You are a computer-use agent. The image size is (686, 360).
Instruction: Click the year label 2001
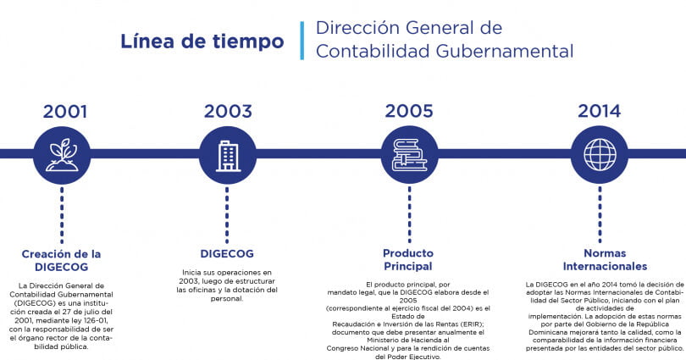click(x=65, y=111)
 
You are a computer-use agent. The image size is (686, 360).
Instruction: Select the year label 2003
click(x=228, y=111)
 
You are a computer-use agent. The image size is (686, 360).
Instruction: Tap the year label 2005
click(x=409, y=111)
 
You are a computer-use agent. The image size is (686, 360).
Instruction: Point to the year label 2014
click(x=600, y=111)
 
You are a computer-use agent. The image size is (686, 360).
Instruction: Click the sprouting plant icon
click(x=62, y=155)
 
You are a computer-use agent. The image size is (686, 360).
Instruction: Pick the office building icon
click(x=228, y=156)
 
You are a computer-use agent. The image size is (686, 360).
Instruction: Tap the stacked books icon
click(x=409, y=155)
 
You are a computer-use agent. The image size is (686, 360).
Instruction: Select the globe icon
click(x=600, y=155)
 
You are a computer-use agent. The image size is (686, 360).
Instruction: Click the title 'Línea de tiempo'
click(x=202, y=42)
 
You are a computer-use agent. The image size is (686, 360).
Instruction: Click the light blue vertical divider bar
click(x=302, y=41)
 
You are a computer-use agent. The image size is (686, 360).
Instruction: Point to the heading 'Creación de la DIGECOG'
click(x=61, y=260)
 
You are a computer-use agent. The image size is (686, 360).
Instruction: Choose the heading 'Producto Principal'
click(x=407, y=259)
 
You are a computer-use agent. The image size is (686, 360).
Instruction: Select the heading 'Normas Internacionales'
click(x=605, y=259)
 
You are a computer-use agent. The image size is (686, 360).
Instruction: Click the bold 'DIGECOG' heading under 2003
click(x=227, y=254)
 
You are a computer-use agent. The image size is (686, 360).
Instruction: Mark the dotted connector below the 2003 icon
click(x=227, y=215)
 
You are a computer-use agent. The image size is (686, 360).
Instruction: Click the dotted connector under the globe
click(x=600, y=215)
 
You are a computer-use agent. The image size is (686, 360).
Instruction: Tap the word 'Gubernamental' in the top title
click(x=505, y=51)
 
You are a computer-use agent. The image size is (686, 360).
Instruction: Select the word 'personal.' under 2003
click(x=227, y=299)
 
